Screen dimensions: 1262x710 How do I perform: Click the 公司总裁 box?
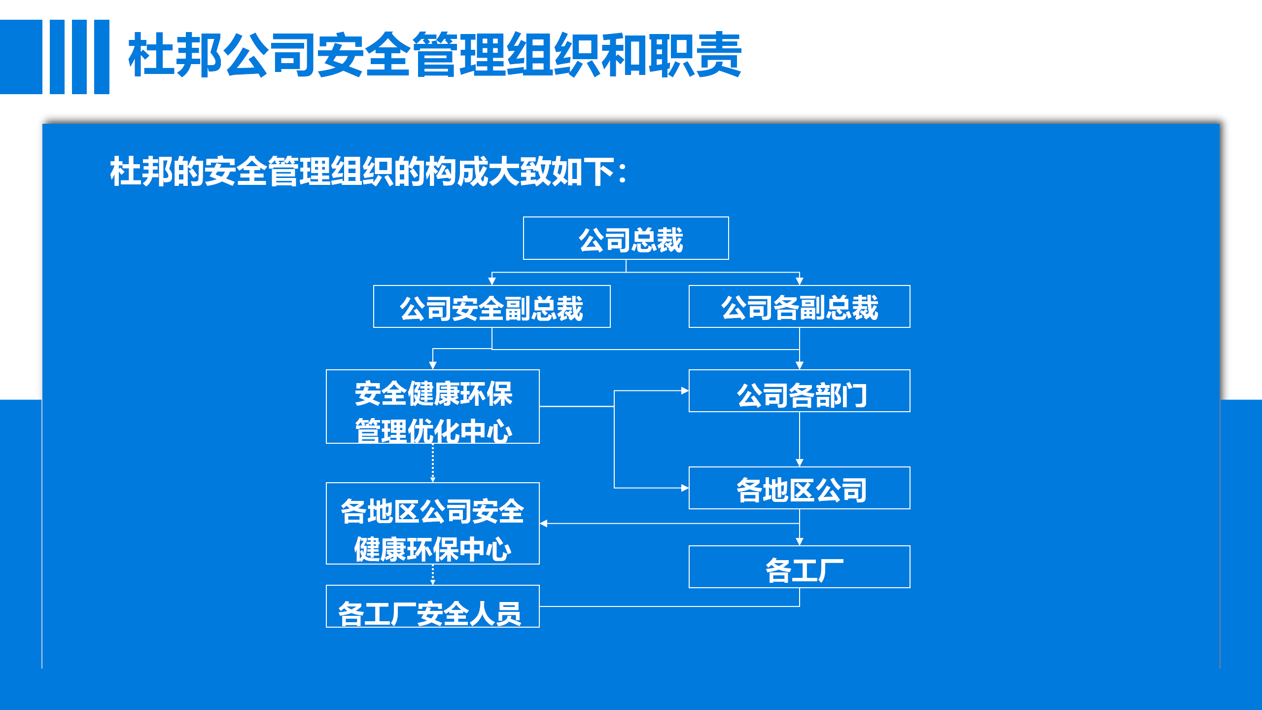tap(626, 238)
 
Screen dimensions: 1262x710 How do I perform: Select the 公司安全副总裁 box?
tap(491, 306)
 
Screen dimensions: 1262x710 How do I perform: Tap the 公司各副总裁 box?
tap(799, 306)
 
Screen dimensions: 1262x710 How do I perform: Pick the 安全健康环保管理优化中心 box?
tap(432, 406)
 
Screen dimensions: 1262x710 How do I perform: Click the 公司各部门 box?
tap(799, 390)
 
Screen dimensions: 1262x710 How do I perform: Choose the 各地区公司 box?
tap(799, 488)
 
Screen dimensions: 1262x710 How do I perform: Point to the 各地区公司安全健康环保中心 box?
tap(432, 523)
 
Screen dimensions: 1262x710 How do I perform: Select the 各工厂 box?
tap(799, 567)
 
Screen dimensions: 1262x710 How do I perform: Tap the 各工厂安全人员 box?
tap(432, 606)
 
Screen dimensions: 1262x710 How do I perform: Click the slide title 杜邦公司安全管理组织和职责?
tap(435, 54)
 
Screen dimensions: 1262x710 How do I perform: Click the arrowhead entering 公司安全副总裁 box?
tap(491, 281)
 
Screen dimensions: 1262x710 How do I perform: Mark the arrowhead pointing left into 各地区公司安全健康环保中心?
tap(544, 523)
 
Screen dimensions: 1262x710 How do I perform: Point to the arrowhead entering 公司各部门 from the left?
tap(685, 390)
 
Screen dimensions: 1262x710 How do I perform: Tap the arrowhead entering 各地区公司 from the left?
tap(685, 488)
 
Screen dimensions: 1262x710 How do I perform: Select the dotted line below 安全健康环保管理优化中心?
tap(433, 463)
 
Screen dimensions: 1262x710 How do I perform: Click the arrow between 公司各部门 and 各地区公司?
tap(800, 439)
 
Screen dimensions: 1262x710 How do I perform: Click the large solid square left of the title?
tap(21, 57)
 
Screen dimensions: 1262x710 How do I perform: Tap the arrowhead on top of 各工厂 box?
tap(800, 541)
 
